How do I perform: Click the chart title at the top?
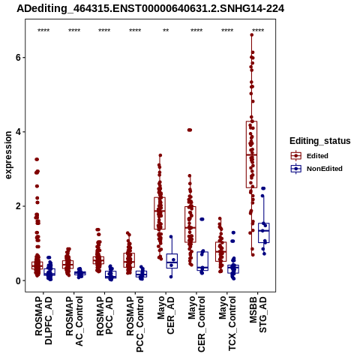(151, 8)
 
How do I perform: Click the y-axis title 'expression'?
(8, 155)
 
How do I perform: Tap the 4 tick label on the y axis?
(18, 132)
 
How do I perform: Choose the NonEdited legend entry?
(316, 169)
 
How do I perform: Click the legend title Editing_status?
(320, 141)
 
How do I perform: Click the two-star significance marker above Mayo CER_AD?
(166, 31)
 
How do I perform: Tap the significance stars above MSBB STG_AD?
(258, 31)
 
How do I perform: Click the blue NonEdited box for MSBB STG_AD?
(264, 232)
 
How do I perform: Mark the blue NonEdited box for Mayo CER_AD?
(172, 261)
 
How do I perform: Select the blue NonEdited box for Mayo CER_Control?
(202, 261)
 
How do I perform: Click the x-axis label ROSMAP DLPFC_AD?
(43, 320)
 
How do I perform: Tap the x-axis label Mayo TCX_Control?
(227, 324)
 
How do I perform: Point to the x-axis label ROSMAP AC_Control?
(74, 321)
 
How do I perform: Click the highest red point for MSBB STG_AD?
(252, 35)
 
